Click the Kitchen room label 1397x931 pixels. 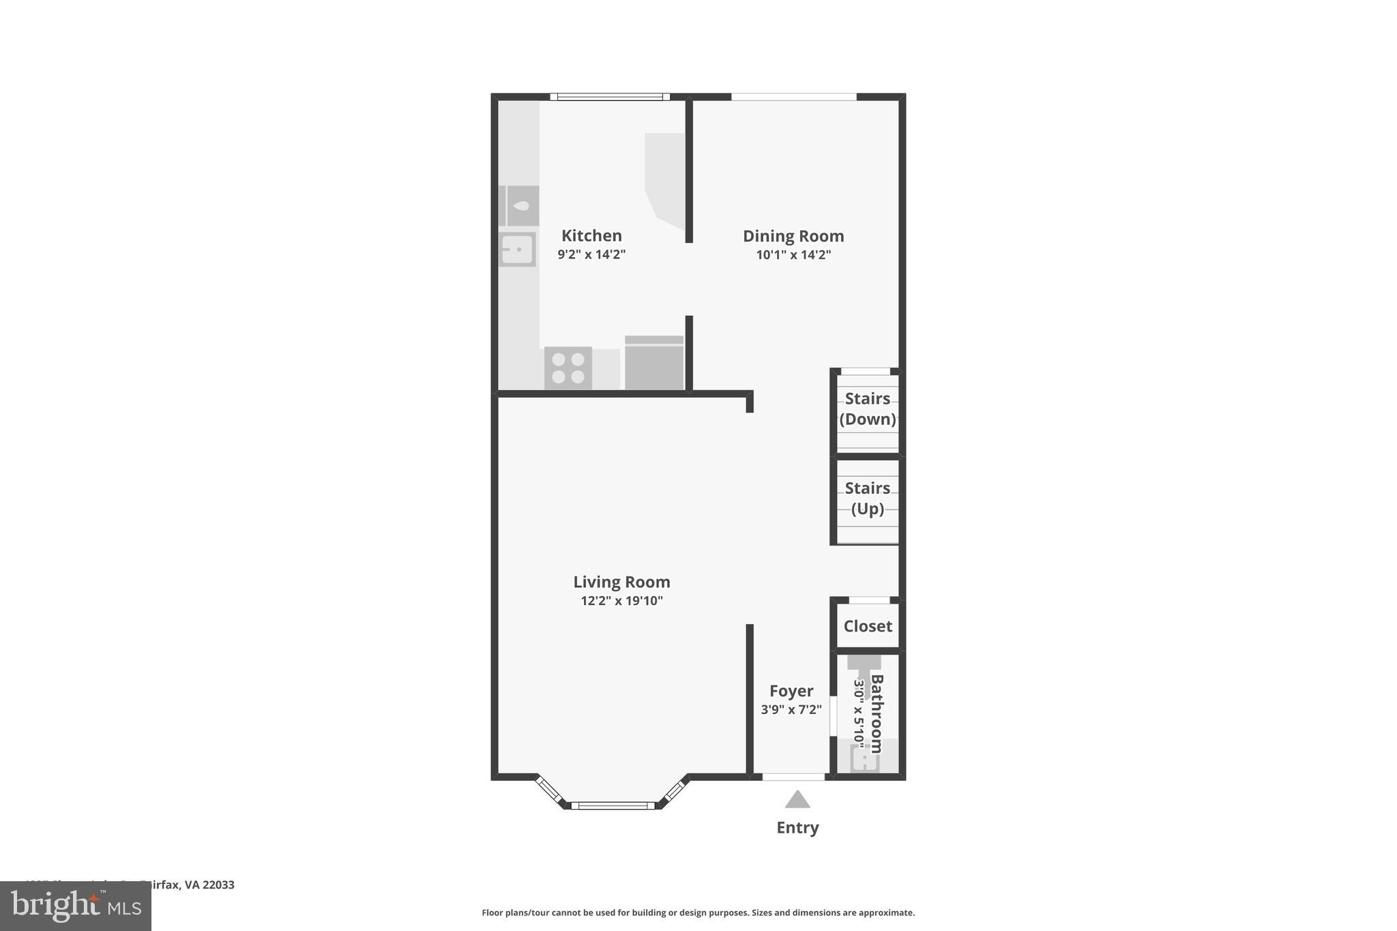[x=591, y=236]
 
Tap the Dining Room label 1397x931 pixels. [x=793, y=236]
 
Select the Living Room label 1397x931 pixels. [x=621, y=582]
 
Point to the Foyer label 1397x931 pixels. [x=791, y=691]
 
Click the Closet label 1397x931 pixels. [x=868, y=626]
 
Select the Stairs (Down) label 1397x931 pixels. [x=868, y=409]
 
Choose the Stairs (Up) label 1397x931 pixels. [x=868, y=498]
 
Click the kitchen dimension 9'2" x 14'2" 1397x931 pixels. [x=591, y=254]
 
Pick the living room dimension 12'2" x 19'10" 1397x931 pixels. [x=621, y=601]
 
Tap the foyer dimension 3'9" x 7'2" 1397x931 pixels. [x=791, y=709]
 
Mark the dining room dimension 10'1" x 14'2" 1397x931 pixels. [x=793, y=255]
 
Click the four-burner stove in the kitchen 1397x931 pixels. [x=568, y=368]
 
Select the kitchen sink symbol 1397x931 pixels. [x=517, y=249]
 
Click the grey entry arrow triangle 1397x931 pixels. [x=797, y=799]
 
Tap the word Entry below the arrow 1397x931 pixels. [x=797, y=827]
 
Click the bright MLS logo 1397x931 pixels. [x=76, y=906]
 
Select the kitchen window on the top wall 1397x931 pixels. [x=610, y=97]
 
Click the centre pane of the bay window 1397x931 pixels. [x=613, y=806]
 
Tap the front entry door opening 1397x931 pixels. [x=793, y=777]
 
